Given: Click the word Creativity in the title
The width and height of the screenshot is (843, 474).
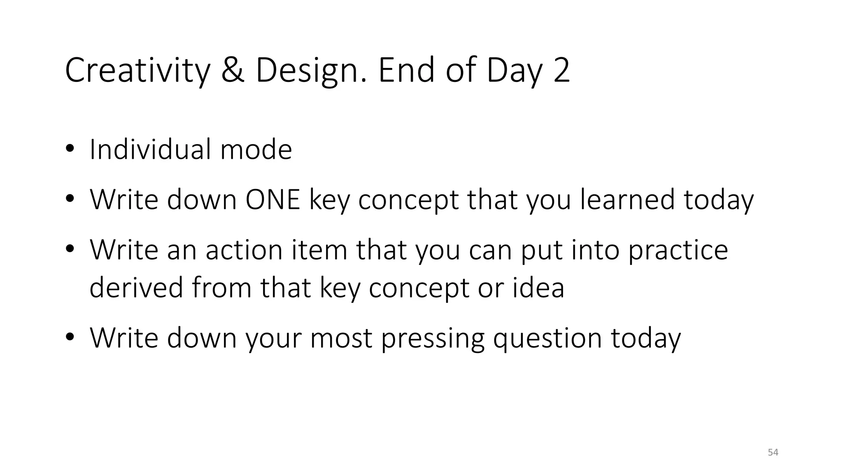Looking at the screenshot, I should pyautogui.click(x=137, y=71).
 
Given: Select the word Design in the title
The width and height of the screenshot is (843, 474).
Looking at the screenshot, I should pyautogui.click(x=310, y=71).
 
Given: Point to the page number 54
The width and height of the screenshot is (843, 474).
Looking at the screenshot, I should pyautogui.click(x=773, y=452).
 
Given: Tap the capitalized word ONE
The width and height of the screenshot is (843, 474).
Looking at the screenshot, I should pyautogui.click(x=273, y=200).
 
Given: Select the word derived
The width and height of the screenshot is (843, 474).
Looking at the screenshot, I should pyautogui.click(x=136, y=287).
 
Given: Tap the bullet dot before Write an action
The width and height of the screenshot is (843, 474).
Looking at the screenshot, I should pyautogui.click(x=70, y=249).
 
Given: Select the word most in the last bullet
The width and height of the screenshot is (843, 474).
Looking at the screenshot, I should pyautogui.click(x=341, y=338).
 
